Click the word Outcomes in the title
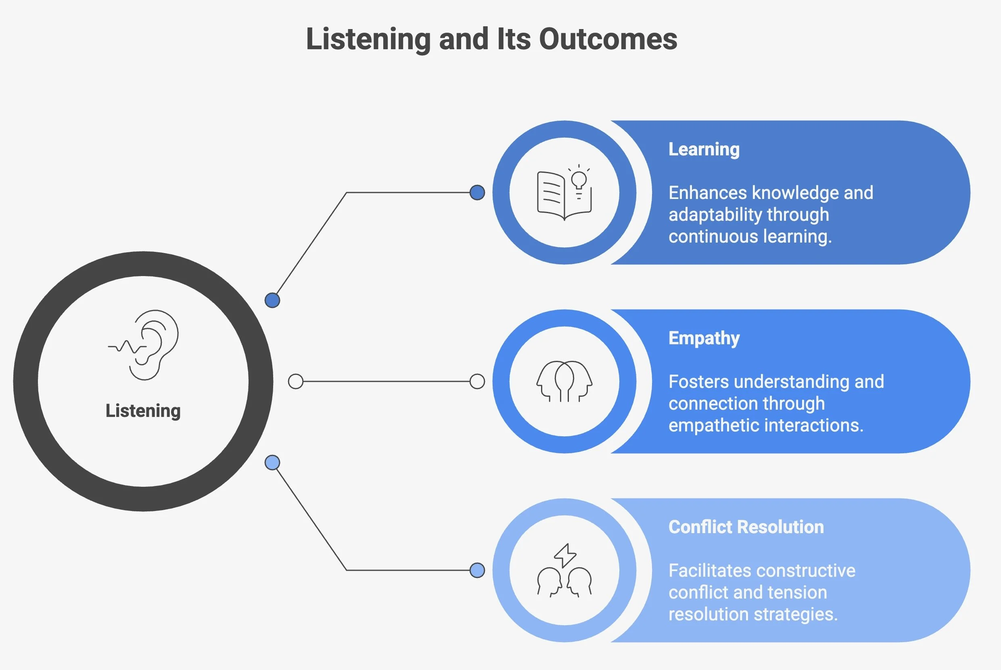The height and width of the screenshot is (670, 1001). click(x=608, y=39)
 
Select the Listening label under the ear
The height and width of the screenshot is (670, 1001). click(x=143, y=410)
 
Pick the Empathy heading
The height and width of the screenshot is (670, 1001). click(x=704, y=338)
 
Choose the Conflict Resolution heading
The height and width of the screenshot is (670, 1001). click(x=746, y=527)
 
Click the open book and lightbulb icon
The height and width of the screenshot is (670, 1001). click(x=564, y=193)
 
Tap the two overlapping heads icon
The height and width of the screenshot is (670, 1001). click(x=564, y=381)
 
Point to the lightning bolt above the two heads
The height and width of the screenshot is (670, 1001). click(x=565, y=555)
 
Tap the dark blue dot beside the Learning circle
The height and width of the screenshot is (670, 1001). click(x=477, y=193)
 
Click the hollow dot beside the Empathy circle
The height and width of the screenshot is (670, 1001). click(x=477, y=381)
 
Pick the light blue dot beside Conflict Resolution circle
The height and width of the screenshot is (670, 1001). click(x=477, y=570)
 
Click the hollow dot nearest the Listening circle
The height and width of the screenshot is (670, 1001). click(x=295, y=381)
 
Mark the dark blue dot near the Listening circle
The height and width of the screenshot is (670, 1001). click(x=272, y=300)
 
